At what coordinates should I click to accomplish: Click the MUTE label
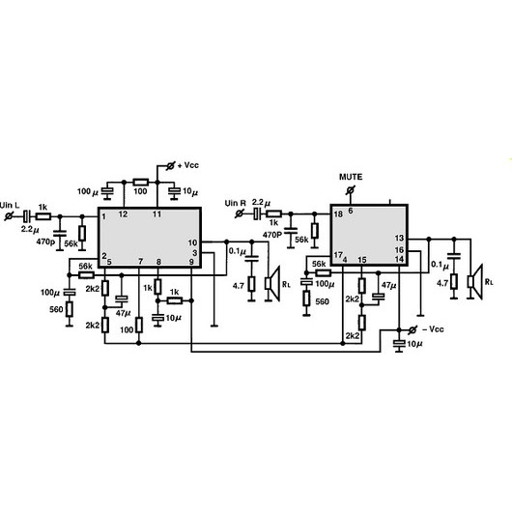351,177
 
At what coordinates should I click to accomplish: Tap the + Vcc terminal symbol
170,166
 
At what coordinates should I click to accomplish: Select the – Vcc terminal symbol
412,329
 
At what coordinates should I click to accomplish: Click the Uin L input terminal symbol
9,215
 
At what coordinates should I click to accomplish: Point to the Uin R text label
235,203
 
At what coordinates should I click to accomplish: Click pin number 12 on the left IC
123,214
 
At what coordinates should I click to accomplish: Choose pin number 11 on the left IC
157,214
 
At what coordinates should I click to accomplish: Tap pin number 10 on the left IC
192,242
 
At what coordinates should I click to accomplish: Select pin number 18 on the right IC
338,214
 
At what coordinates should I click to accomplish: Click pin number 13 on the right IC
399,238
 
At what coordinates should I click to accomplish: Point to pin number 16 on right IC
399,250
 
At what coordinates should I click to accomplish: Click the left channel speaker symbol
272,283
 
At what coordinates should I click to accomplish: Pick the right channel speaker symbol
475,281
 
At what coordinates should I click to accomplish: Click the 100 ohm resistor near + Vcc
141,183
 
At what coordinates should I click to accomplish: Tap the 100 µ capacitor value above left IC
88,191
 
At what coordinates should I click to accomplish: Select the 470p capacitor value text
46,242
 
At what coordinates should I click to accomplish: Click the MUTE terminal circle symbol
351,189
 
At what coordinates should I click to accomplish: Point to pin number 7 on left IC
140,261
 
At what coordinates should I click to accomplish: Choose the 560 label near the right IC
322,301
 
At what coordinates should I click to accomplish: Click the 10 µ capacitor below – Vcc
399,344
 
